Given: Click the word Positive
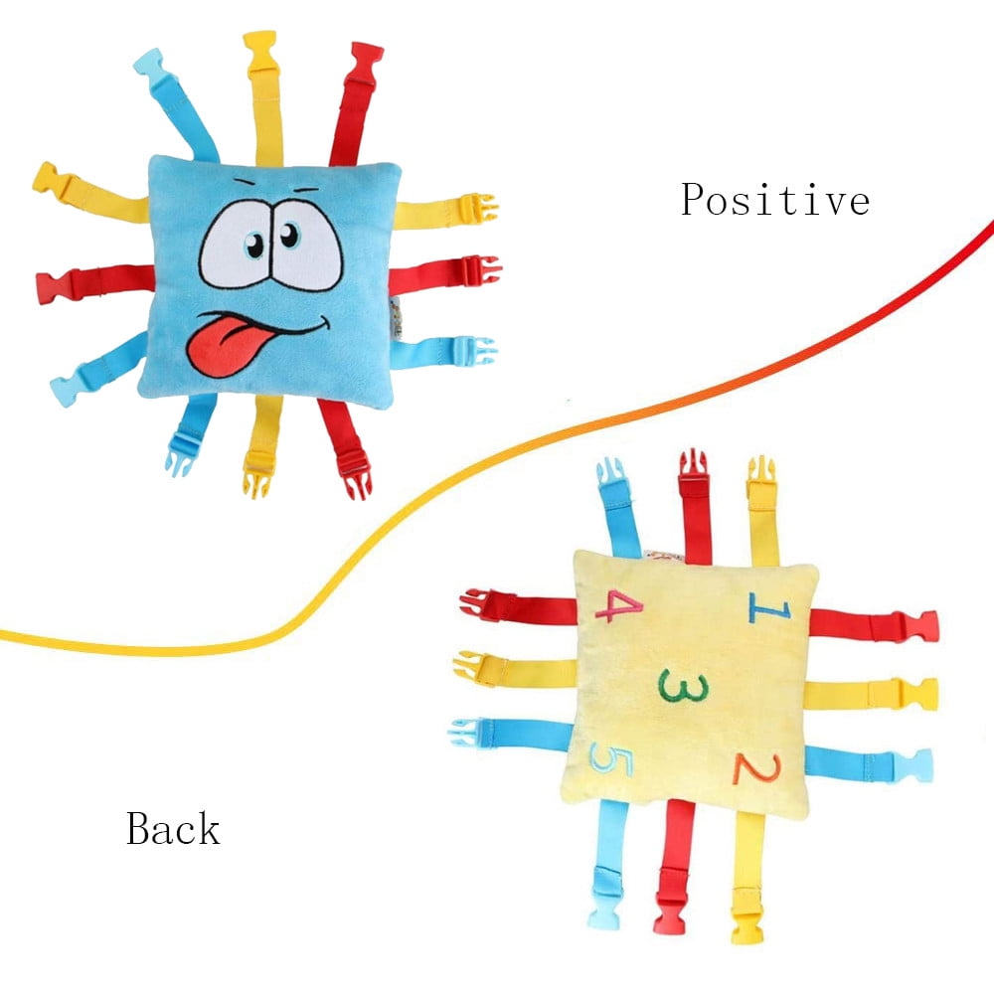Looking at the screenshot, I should point(774,200).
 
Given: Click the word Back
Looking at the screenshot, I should point(173,828).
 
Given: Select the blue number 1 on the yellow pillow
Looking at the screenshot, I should point(766,605).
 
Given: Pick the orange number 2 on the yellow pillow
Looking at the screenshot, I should point(748,766).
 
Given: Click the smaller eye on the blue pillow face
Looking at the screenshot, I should point(289,235).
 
